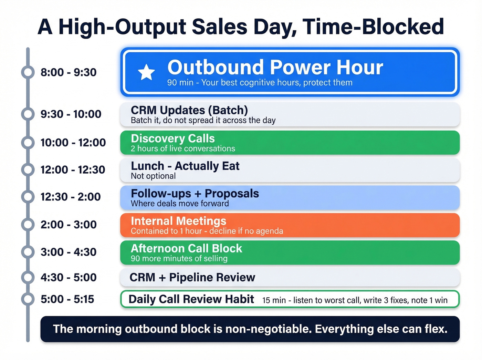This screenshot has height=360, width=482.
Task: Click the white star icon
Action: (146, 72)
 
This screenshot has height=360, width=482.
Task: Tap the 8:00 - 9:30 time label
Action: (69, 72)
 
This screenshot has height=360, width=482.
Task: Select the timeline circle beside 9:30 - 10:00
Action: (28, 114)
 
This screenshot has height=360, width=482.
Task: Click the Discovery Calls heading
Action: (172, 138)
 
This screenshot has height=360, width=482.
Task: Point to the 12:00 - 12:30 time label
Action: (73, 169)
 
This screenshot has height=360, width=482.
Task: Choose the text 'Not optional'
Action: (153, 176)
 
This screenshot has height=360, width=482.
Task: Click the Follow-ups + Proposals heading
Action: (195, 194)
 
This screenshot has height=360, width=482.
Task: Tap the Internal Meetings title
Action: (178, 221)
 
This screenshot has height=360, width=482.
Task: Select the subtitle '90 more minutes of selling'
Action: (179, 259)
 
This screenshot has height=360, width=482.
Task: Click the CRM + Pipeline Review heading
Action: (192, 277)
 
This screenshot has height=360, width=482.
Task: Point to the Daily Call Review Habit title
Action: (191, 299)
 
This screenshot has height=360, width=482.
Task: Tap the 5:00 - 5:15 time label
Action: (67, 299)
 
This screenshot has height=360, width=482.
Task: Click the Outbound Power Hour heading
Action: (275, 67)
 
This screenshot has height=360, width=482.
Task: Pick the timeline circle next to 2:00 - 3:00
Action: (28, 225)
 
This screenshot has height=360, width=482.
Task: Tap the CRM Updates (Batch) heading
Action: (189, 110)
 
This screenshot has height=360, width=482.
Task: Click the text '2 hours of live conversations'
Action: (183, 148)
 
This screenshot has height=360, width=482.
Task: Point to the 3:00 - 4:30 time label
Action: (69, 252)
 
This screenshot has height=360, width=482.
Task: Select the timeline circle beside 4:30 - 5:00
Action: (28, 277)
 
